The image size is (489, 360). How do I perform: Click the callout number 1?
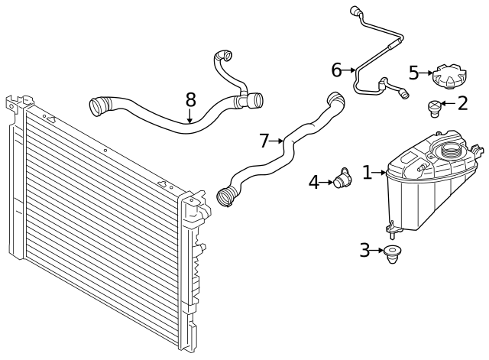(367, 173)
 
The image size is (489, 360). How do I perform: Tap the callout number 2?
(461, 103)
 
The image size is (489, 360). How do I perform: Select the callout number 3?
(364, 249)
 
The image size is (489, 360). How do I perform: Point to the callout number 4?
(314, 182)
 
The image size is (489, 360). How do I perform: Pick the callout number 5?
(413, 73)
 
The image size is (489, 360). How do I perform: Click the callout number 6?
(336, 70)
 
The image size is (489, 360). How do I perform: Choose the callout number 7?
(264, 141)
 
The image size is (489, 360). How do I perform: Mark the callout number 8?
(190, 99)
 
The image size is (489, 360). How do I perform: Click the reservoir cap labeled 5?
(448, 77)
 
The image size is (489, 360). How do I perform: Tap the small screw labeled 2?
(434, 109)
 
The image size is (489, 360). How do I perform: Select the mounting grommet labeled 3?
(393, 254)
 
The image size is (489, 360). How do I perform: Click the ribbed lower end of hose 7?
(227, 196)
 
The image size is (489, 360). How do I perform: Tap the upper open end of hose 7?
(333, 98)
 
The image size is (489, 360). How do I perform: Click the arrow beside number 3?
(379, 250)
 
